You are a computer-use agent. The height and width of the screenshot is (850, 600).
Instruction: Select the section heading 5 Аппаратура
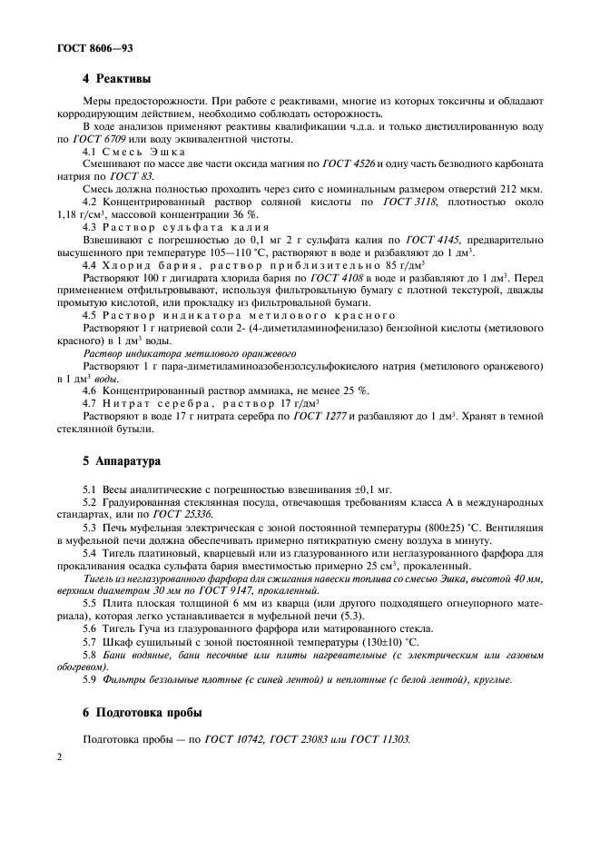(x=121, y=460)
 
